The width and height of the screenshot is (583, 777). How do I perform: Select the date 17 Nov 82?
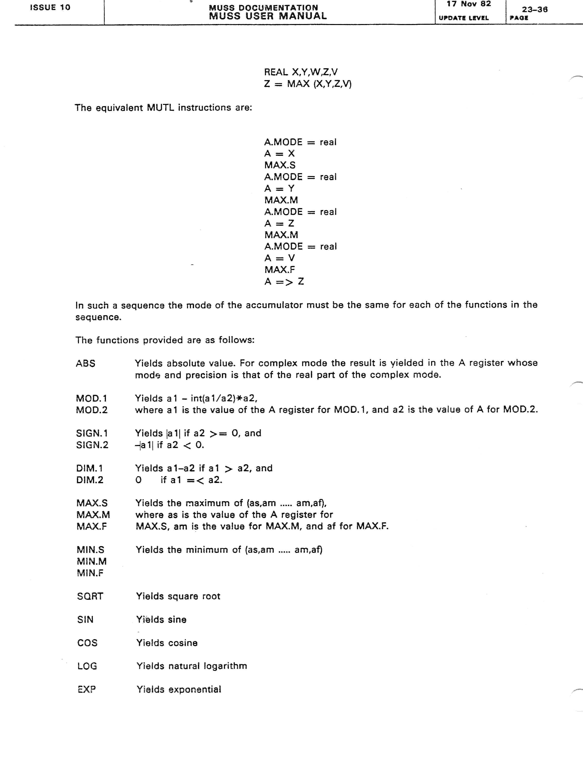coord(469,4)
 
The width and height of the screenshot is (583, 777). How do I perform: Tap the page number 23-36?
coord(534,9)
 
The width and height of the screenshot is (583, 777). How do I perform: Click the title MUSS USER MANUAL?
coord(268,16)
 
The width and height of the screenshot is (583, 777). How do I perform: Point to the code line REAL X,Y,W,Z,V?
coord(301,72)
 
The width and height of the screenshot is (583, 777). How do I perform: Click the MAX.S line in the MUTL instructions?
coord(280,165)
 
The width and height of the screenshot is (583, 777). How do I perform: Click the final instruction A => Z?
coord(284,281)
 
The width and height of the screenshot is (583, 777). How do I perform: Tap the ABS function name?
coord(86,363)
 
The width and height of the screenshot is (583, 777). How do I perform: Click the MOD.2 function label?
coord(92,410)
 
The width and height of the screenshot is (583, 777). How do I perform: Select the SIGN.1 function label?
coord(92,433)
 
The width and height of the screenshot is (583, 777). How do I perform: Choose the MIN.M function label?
coord(92,561)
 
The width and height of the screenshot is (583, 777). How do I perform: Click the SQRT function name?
coord(90,596)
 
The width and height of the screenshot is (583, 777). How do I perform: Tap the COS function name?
coord(87,643)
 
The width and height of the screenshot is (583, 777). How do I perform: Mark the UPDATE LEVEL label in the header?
coord(463,18)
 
